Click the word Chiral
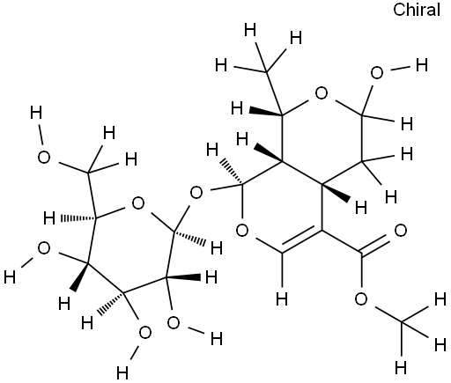pyautogui.click(x=417, y=10)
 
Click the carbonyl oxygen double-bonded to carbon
pyautogui.click(x=401, y=231)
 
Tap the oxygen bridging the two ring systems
pyautogui.click(x=196, y=193)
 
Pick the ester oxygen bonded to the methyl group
pyautogui.click(x=361, y=299)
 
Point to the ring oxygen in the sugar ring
pyautogui.click(x=138, y=203)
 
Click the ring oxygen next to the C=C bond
pyautogui.click(x=242, y=231)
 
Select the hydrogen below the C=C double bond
pyautogui.click(x=282, y=299)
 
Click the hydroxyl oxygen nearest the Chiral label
pyautogui.click(x=377, y=73)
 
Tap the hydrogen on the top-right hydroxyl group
pyautogui.click(x=422, y=65)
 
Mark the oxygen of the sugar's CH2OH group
pyautogui.click(x=44, y=158)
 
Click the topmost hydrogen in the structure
pyautogui.click(x=250, y=31)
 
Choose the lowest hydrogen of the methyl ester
pyautogui.click(x=401, y=367)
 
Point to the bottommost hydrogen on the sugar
pyautogui.click(x=122, y=373)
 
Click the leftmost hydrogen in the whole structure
pyautogui.click(x=10, y=277)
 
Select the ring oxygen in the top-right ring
pyautogui.click(x=322, y=93)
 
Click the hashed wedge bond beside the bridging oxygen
pyautogui.click(x=232, y=172)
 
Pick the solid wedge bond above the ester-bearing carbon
pyautogui.click(x=336, y=193)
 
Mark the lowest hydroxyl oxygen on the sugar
pyautogui.click(x=144, y=334)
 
